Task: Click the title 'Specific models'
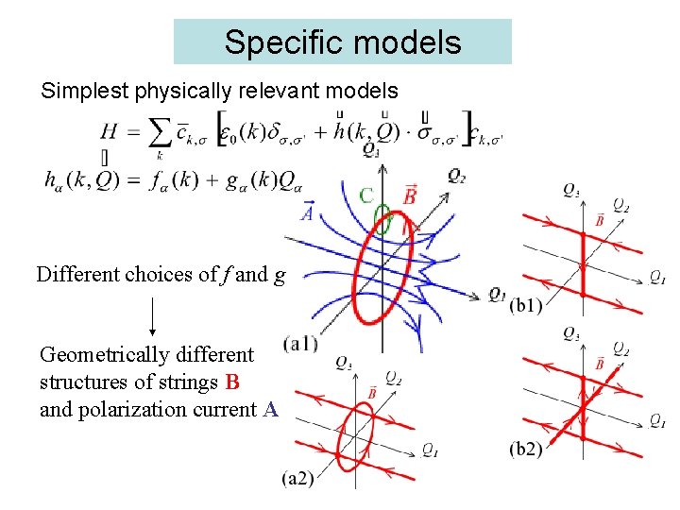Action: (x=342, y=42)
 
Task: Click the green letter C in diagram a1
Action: (x=365, y=195)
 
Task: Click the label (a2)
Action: (x=298, y=479)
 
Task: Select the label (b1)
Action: (x=525, y=305)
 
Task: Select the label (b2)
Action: (x=525, y=449)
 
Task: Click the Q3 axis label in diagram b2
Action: (x=571, y=333)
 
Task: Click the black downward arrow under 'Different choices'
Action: (x=153, y=316)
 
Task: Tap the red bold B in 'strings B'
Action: (x=232, y=382)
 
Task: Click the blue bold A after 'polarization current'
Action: (x=270, y=409)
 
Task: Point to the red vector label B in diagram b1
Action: (x=599, y=221)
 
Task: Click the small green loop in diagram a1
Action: (x=382, y=225)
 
